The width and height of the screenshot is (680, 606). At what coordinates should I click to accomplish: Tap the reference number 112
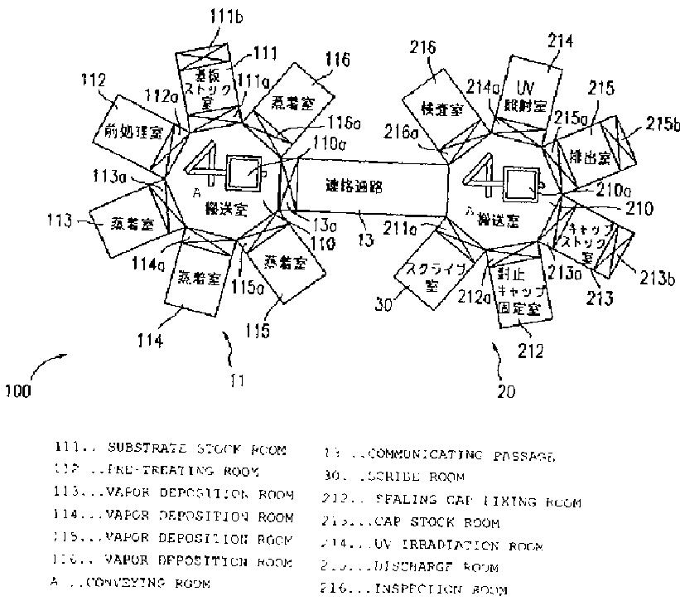click(94, 80)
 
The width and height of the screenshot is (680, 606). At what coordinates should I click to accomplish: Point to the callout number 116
click(338, 60)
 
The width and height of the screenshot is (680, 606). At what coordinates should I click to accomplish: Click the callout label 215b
click(659, 125)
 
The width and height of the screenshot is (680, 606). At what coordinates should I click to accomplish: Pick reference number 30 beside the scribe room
click(382, 303)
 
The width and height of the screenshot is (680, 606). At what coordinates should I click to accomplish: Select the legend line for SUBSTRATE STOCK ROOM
click(170, 450)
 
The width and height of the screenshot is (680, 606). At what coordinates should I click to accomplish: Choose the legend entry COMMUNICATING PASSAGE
click(437, 455)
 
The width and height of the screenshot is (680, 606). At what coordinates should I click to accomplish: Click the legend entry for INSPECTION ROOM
click(413, 590)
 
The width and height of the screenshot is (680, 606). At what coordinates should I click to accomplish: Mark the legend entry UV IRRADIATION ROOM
click(431, 545)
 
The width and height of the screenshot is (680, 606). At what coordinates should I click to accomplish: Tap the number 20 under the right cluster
click(505, 386)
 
